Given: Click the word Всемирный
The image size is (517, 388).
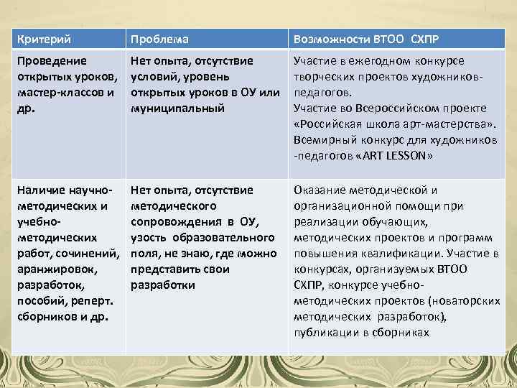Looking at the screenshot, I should pos(323,140).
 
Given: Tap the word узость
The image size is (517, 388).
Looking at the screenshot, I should pos(148,237).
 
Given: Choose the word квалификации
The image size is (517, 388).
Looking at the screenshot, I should pos(402,253).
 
